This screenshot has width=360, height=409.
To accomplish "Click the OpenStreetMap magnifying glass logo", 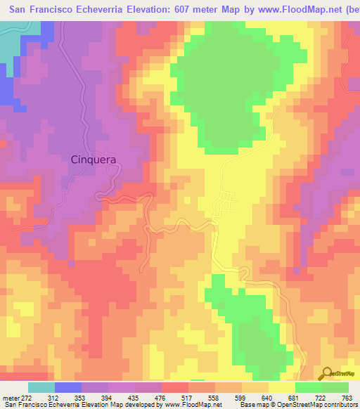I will (x=327, y=373).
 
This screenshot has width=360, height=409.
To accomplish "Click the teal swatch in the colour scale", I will (x=41, y=387).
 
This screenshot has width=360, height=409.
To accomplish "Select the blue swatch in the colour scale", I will (x=68, y=387).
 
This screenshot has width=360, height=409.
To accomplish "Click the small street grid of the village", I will (x=227, y=202).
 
